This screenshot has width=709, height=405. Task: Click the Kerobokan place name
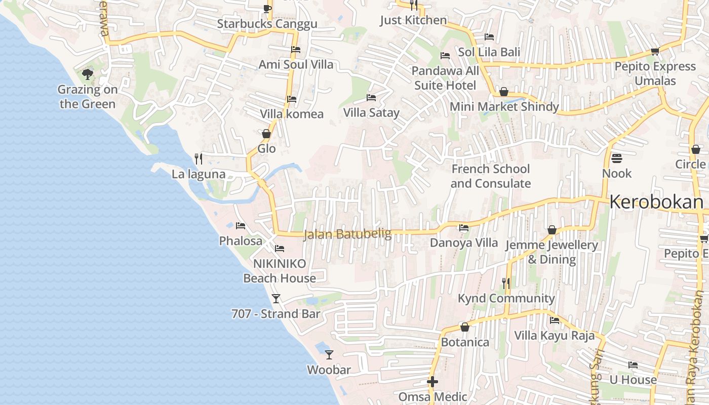click(656, 202)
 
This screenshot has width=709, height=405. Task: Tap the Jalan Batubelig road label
click(347, 234)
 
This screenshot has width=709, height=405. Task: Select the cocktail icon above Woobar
click(329, 354)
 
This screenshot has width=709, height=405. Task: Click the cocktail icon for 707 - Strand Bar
click(275, 299)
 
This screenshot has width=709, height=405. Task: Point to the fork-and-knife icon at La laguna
click(199, 159)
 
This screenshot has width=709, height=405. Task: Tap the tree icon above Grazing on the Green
click(88, 75)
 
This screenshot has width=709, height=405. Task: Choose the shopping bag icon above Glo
click(266, 134)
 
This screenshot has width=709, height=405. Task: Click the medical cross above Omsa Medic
click(432, 381)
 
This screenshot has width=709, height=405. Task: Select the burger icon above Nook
click(616, 158)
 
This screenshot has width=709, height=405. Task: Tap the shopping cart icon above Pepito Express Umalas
click(655, 51)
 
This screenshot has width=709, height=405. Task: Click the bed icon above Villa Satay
click(371, 98)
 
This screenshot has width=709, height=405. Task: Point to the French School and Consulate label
click(490, 176)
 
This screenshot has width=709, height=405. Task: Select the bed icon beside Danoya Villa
click(463, 228)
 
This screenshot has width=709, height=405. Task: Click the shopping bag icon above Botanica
click(464, 328)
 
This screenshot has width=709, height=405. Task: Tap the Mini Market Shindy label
click(504, 106)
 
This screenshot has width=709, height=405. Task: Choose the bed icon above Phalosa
click(241, 226)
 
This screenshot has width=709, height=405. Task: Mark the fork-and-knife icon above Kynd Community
click(506, 283)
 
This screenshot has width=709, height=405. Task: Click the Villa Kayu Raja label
click(555, 335)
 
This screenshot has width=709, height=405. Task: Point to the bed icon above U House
click(633, 365)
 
